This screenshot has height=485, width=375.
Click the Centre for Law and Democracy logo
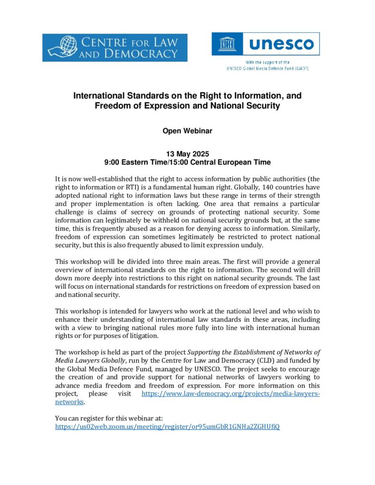115,47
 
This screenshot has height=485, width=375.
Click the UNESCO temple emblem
227,44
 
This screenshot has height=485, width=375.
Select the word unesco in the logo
281,44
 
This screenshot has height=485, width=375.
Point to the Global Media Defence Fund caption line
268,68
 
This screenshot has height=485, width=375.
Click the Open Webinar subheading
187,131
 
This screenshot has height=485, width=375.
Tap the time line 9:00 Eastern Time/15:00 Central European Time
187,162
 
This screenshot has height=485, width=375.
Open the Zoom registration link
167,426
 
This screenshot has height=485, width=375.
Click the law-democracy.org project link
231,394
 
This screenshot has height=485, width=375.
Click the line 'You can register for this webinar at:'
109,418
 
